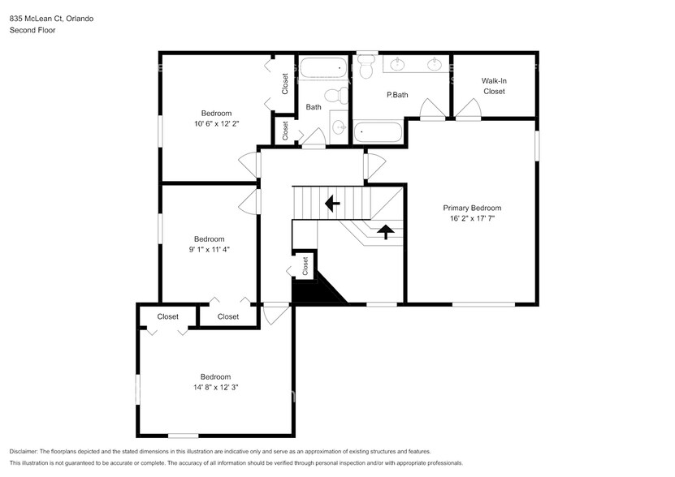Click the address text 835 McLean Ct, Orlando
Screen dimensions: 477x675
coord(50,18)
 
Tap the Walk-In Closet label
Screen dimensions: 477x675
coord(493,86)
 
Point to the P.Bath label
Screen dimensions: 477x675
coord(396,95)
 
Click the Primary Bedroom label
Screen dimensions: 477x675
coord(471,207)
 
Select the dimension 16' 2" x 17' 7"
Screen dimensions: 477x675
coord(471,219)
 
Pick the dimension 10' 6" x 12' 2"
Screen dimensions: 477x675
coord(216,124)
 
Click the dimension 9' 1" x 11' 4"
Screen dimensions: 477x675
coord(209,250)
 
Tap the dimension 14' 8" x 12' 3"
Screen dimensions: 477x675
coord(215,388)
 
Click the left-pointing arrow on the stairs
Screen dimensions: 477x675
coord(331,203)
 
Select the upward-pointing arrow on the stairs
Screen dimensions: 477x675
coord(387,232)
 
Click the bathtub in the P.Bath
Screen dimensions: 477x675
coord(379,132)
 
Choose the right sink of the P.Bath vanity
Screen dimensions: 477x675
coord(435,63)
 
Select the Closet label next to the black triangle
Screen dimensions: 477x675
coord(305,265)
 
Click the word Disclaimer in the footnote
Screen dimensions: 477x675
coord(28,451)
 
